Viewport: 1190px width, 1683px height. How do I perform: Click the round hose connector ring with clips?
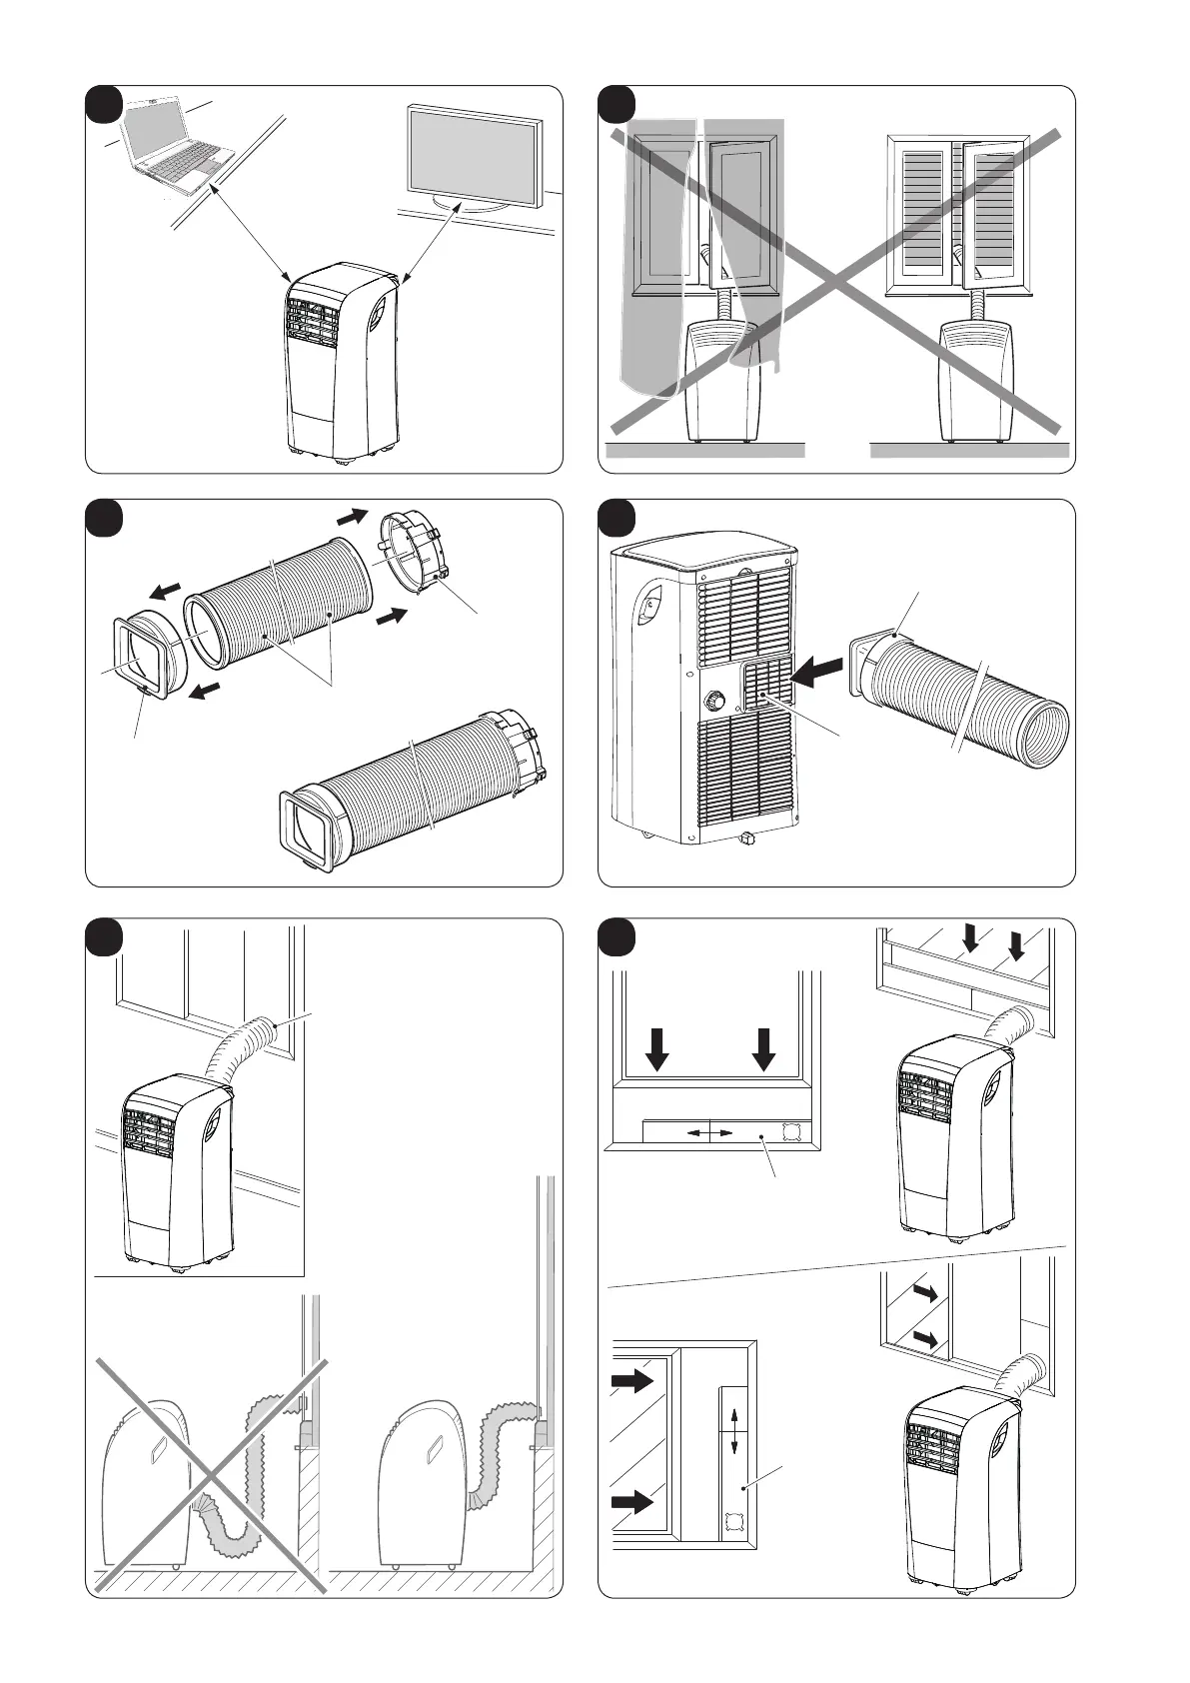(413, 564)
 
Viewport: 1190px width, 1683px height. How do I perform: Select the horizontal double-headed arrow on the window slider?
(707, 1132)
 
